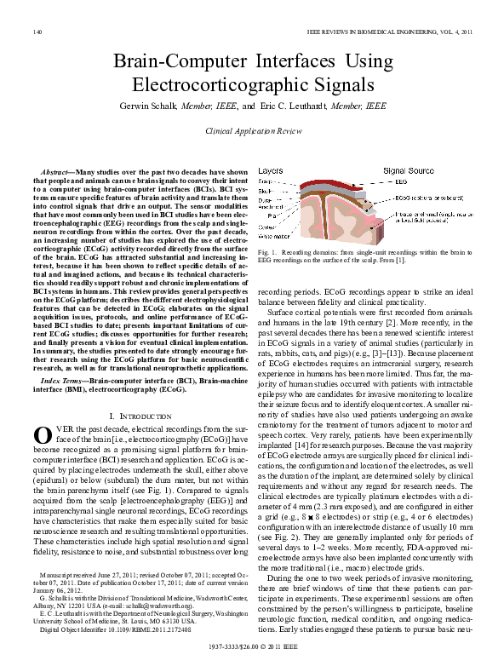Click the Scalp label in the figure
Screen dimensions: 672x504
click(265, 181)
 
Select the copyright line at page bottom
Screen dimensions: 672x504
click(253, 647)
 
